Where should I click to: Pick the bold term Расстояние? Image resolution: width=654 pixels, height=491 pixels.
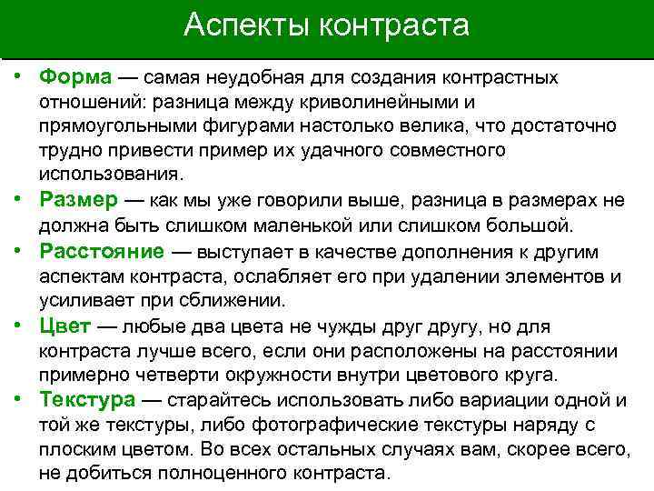click(x=102, y=251)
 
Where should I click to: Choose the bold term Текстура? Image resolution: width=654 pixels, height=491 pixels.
click(x=87, y=400)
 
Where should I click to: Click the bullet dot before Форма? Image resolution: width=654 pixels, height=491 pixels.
click(x=18, y=77)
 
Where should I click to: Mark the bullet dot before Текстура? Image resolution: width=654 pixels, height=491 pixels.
click(x=18, y=400)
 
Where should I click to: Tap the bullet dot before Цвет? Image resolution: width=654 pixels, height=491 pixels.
click(x=18, y=326)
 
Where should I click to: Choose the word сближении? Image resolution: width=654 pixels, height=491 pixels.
click(x=234, y=300)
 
